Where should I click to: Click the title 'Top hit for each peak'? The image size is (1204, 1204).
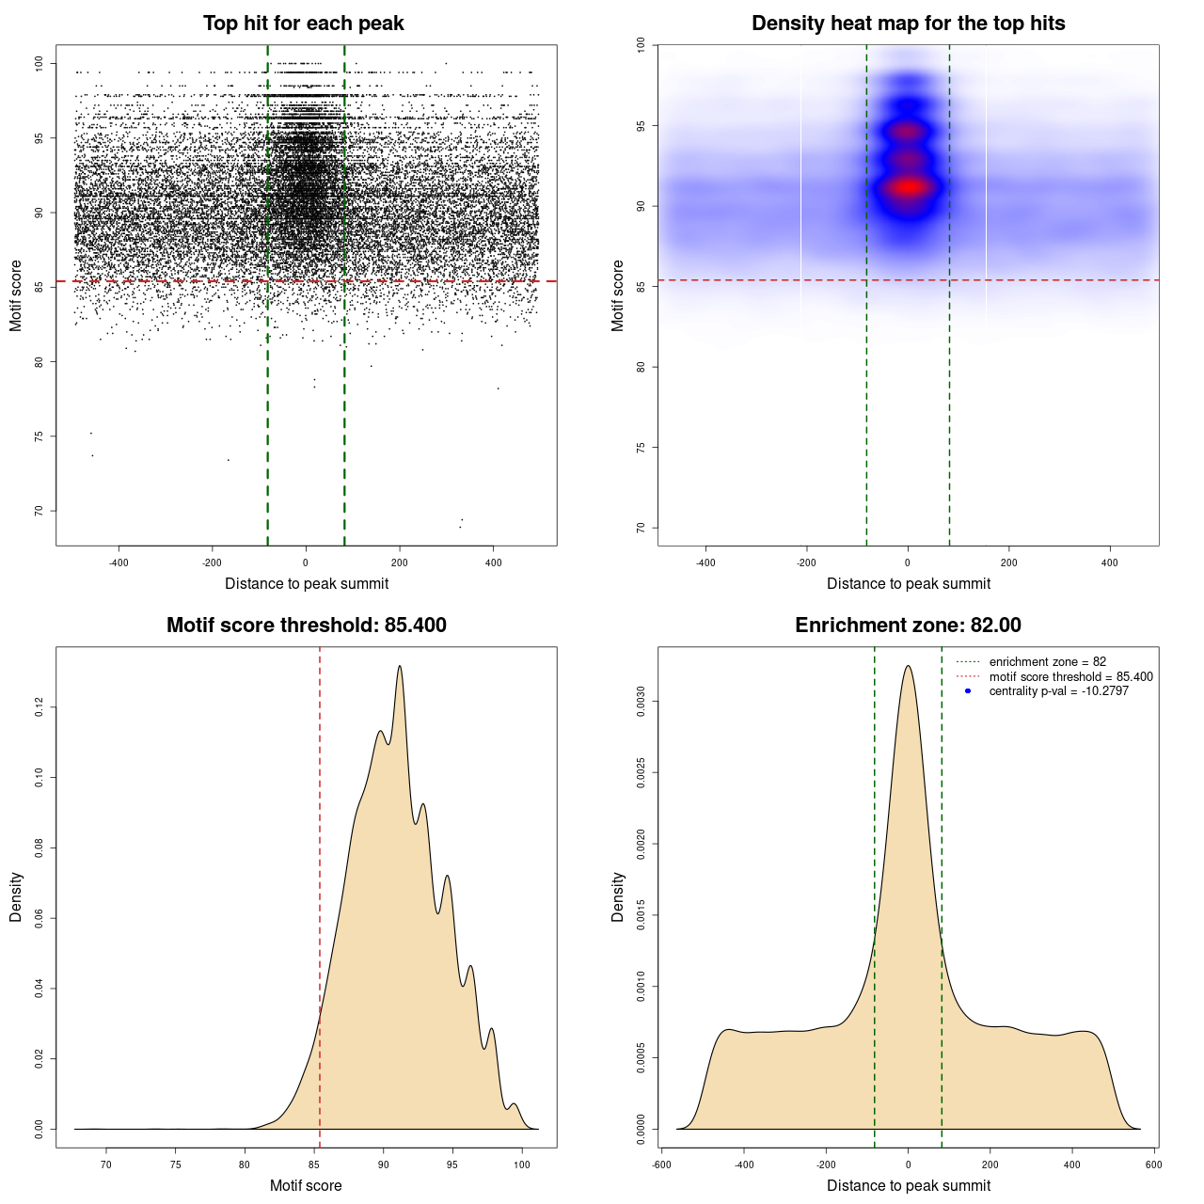pyautogui.click(x=303, y=24)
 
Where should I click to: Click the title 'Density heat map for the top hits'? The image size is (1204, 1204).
pyautogui.click(x=908, y=24)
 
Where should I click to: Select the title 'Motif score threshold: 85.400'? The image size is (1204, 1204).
pyautogui.click(x=306, y=626)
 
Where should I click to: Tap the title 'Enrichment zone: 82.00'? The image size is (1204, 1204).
pyautogui.click(x=908, y=626)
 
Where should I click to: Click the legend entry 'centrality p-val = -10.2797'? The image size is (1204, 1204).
pyautogui.click(x=1058, y=691)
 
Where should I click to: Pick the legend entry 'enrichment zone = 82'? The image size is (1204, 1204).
pyautogui.click(x=1047, y=662)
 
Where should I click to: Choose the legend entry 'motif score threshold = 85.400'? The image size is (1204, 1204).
pyautogui.click(x=1070, y=677)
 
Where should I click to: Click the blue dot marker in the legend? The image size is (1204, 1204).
pyautogui.click(x=968, y=691)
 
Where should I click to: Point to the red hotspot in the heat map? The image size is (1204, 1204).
pyautogui.click(x=908, y=187)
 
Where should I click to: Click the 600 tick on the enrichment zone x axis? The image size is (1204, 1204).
pyautogui.click(x=1153, y=1164)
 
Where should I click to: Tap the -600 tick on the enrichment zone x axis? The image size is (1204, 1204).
pyautogui.click(x=662, y=1164)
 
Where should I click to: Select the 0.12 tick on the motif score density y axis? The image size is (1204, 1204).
pyautogui.click(x=39, y=707)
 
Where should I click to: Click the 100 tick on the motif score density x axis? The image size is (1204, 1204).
pyautogui.click(x=522, y=1164)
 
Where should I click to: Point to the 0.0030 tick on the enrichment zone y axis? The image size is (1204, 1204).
pyautogui.click(x=641, y=702)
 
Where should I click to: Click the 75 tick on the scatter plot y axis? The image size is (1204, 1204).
pyautogui.click(x=39, y=436)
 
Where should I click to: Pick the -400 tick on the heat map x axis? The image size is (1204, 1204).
pyautogui.click(x=705, y=562)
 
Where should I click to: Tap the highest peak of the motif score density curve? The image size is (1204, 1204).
pyautogui.click(x=400, y=666)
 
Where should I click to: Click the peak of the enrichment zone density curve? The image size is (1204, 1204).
pyautogui.click(x=908, y=666)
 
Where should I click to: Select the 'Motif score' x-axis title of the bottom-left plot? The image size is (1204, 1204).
pyautogui.click(x=306, y=1185)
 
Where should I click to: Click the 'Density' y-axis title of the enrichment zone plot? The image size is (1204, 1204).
pyautogui.click(x=618, y=896)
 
